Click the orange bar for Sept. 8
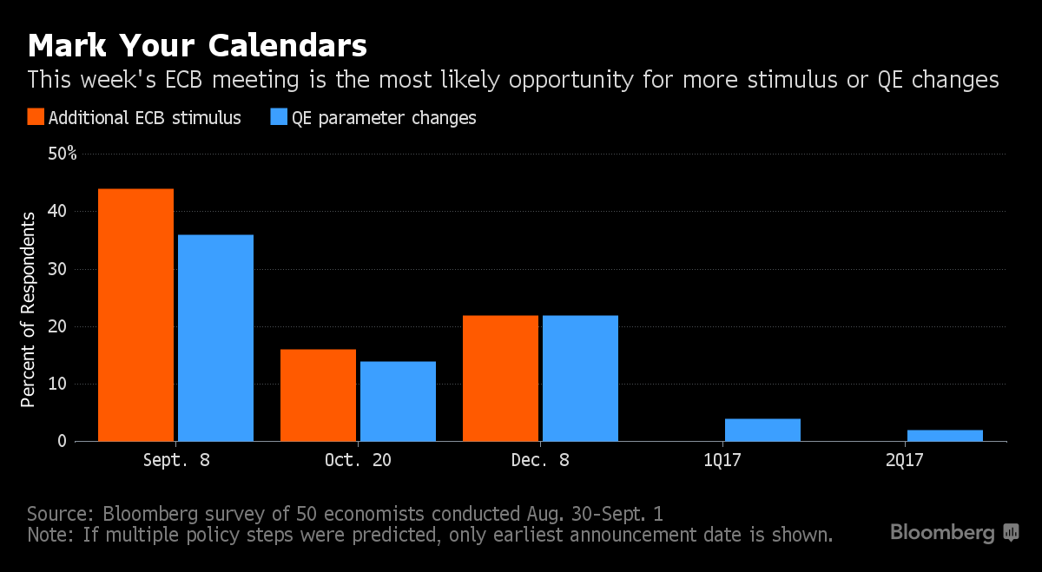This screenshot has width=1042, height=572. point(135,315)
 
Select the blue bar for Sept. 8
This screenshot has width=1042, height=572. point(216,339)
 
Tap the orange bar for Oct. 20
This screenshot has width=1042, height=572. point(318,395)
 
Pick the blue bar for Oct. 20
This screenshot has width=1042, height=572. point(399,401)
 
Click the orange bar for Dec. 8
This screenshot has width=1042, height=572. point(500,378)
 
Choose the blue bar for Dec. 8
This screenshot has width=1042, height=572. point(581,378)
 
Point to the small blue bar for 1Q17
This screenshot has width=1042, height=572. point(763,431)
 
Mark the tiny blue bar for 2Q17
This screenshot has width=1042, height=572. point(946,436)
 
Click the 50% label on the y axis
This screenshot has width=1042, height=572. point(63,154)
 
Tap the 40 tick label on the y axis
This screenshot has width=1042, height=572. point(57,211)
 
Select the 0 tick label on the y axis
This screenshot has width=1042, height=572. point(63,441)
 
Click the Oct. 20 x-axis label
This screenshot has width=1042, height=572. point(358,460)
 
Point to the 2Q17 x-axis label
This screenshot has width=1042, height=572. point(904,460)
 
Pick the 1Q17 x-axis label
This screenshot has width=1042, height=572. point(722,460)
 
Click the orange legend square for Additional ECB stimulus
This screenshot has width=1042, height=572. point(36,116)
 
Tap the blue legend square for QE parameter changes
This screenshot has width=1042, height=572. point(279,116)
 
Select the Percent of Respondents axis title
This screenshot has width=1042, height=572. point(28,310)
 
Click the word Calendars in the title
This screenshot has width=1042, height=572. point(287,46)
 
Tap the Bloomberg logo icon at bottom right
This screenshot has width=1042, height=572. point(1011,532)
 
